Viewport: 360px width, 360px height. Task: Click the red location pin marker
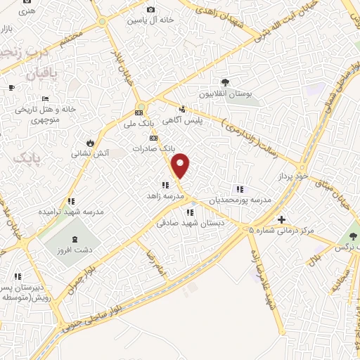(x=181, y=165)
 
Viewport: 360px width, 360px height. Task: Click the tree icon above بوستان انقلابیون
(x=225, y=82)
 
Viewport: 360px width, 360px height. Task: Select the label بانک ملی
(x=138, y=124)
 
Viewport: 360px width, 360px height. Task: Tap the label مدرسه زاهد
(x=165, y=195)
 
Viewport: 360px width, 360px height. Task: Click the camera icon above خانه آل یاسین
(x=150, y=9)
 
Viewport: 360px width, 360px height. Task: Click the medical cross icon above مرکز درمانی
(x=282, y=219)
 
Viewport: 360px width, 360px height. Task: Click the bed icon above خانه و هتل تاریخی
(x=45, y=98)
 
